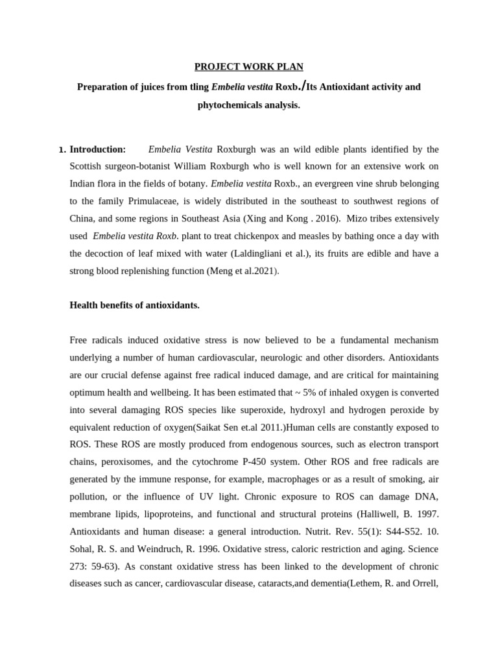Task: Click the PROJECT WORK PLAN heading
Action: [249, 67]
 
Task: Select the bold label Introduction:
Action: [97, 149]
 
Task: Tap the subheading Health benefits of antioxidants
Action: [134, 305]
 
